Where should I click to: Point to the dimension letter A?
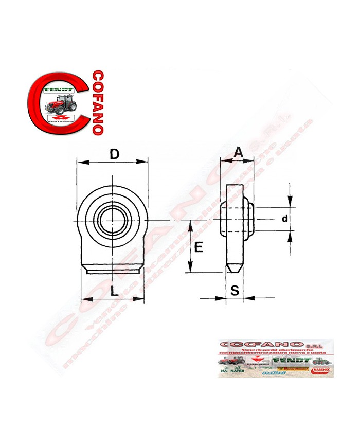click(x=238, y=152)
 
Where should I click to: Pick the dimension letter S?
click(x=235, y=291)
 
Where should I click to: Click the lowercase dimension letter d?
click(x=284, y=219)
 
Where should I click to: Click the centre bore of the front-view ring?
click(x=112, y=220)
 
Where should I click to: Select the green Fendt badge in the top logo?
click(x=60, y=89)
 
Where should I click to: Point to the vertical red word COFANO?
click(x=96, y=102)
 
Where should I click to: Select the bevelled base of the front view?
click(x=113, y=269)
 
